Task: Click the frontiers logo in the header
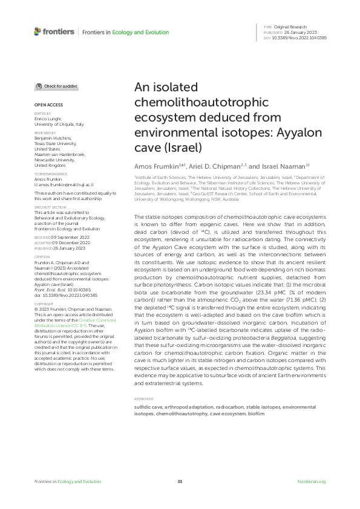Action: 54,31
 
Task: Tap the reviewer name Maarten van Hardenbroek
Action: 60,154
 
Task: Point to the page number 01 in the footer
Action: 180,481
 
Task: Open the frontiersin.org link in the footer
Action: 312,481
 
